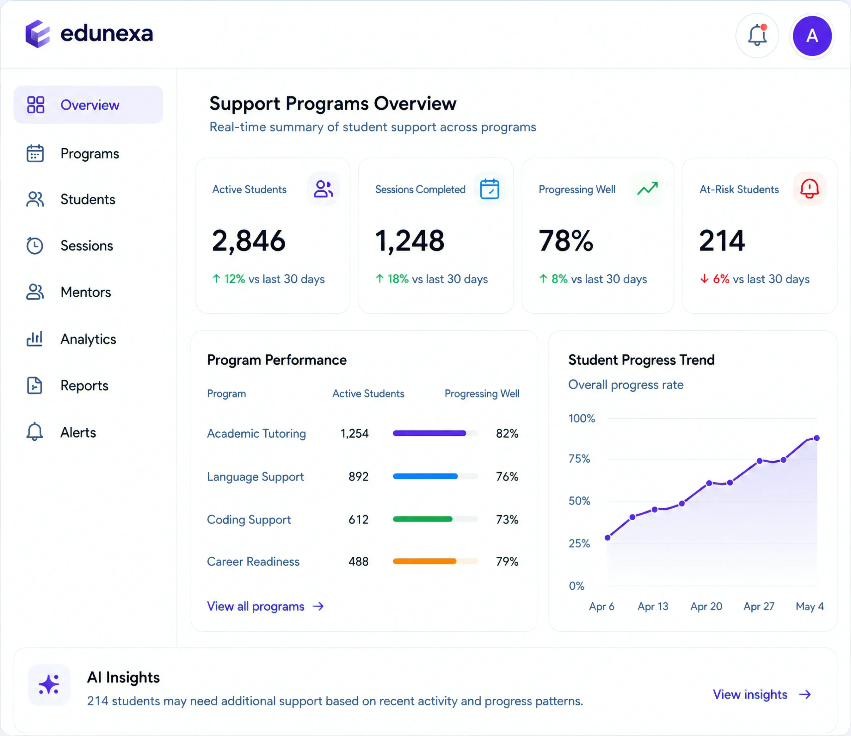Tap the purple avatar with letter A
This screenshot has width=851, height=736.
coord(812,36)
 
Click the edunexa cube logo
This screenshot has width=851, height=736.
coord(37,34)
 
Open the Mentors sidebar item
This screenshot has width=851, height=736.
coord(85,292)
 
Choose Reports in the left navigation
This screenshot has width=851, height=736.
coord(84,385)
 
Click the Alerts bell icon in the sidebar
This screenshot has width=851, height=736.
coord(35,432)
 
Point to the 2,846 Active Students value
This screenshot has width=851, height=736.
coord(248,241)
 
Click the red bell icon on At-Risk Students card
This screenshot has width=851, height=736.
coord(809,189)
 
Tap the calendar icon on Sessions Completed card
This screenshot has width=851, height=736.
coord(489,189)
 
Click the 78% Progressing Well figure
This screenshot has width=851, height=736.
coord(566,241)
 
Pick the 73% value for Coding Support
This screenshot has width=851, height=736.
coord(507,519)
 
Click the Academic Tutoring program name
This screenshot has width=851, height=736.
coord(256,434)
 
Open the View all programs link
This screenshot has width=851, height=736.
coord(265,607)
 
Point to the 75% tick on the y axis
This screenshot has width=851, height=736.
coord(579,459)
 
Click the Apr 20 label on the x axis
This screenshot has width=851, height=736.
coord(706,607)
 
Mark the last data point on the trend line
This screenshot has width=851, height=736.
coord(817,438)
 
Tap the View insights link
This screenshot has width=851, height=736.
coord(762,694)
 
